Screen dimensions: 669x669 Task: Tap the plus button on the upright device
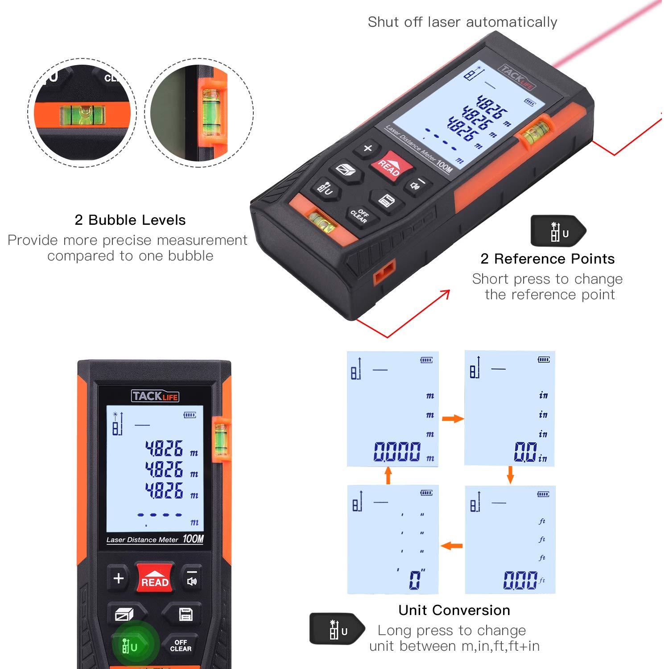click(118, 578)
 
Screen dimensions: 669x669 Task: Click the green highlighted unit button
click(130, 645)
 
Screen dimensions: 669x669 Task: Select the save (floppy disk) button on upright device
click(186, 614)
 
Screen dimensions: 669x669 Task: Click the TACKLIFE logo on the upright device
click(155, 396)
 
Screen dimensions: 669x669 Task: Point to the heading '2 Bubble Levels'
click(130, 220)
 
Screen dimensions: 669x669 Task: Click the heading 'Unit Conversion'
click(454, 610)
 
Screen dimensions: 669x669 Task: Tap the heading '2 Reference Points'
click(547, 259)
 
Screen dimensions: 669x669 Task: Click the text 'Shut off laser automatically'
click(463, 22)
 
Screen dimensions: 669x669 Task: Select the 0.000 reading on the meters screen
click(397, 451)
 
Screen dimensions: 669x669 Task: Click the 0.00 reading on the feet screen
click(520, 580)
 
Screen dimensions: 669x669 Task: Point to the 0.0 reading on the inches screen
click(524, 451)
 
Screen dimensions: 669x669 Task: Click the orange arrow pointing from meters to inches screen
click(453, 418)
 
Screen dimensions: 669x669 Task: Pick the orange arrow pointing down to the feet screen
click(511, 475)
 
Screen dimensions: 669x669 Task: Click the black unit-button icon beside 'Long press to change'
click(337, 629)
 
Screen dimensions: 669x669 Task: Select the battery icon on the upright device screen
click(190, 415)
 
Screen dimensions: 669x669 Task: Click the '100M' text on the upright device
click(193, 539)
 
